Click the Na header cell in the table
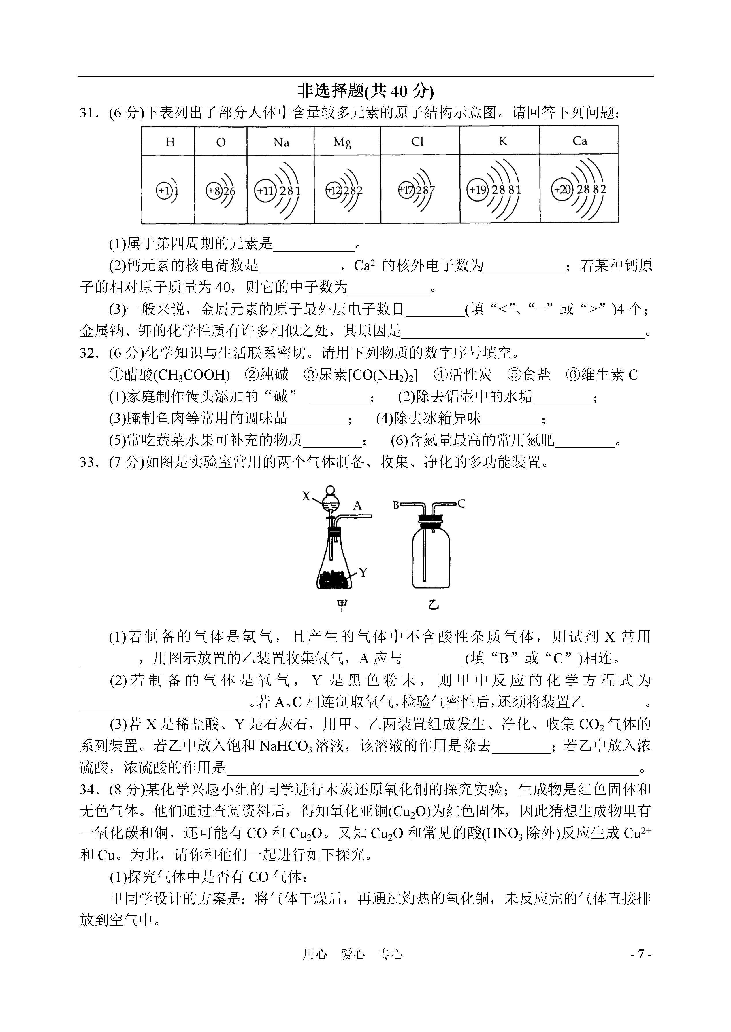coord(281,142)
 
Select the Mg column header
coord(342,142)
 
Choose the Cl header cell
coord(417,142)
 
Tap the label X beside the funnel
coord(306,496)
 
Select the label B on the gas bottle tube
coord(396,504)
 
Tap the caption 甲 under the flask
coord(342,606)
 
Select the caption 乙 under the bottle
coord(433,606)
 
